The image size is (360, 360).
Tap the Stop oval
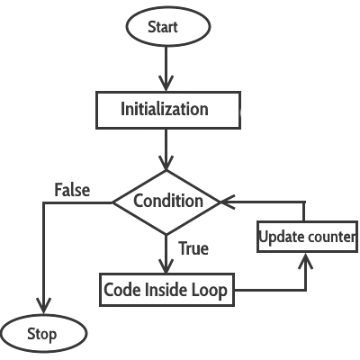click(42, 334)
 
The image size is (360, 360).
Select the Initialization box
click(165, 110)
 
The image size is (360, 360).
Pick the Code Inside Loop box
click(166, 290)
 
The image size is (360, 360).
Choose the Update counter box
click(308, 238)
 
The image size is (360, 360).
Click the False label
click(71, 190)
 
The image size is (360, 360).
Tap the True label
click(193, 247)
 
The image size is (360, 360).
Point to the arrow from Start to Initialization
click(166, 67)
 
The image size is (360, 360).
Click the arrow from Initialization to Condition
click(166, 148)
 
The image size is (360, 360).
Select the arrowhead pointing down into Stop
click(41, 307)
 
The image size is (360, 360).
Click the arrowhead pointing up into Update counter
click(306, 261)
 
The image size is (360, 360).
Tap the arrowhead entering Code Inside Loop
click(166, 267)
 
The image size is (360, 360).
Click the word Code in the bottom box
click(123, 290)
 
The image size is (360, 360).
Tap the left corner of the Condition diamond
click(114, 202)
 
